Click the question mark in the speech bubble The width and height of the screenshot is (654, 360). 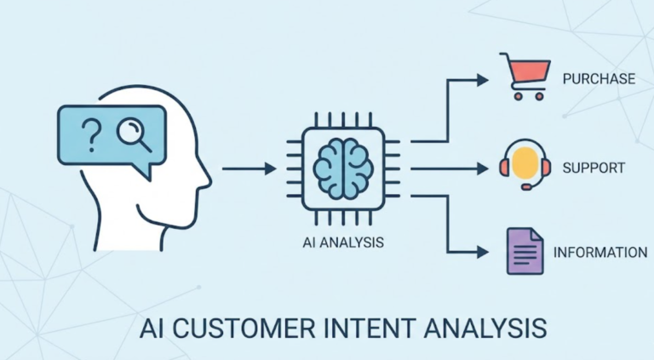click(x=91, y=133)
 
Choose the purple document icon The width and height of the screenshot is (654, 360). click(x=524, y=250)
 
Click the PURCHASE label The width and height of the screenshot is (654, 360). click(x=599, y=79)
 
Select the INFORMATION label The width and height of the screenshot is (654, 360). click(x=599, y=253)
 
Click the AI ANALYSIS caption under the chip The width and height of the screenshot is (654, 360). click(x=341, y=242)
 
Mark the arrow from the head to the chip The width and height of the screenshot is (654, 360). click(x=249, y=169)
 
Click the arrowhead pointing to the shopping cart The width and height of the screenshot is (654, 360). click(x=483, y=79)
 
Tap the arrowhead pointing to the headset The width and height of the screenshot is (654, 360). click(x=483, y=168)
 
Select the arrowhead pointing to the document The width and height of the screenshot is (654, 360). click(x=483, y=252)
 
